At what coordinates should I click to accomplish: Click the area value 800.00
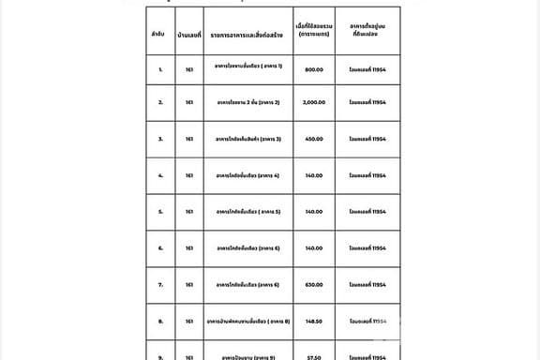point(313,68)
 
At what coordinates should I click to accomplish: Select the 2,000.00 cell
point(313,102)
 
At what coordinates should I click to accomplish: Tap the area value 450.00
point(313,139)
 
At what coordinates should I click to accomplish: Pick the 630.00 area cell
point(313,285)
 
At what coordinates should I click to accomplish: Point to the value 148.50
point(313,322)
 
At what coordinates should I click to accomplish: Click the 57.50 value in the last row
point(313,356)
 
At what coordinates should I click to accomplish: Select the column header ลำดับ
point(160,34)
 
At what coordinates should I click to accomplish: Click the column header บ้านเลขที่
point(189,34)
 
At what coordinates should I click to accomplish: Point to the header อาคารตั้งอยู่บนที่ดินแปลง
point(367,34)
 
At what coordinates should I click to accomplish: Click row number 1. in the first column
point(160,68)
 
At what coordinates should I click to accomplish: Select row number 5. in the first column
point(160,212)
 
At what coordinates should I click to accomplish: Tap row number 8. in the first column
point(160,322)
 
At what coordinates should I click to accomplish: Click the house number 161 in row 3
point(189,139)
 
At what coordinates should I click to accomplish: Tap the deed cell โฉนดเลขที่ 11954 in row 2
point(367,102)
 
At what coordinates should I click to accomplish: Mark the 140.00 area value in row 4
point(313,175)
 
